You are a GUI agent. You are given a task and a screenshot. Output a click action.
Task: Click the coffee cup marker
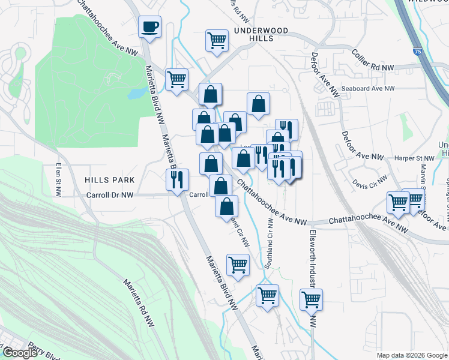click(x=150, y=27)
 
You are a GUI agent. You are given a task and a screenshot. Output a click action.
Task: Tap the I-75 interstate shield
click(x=417, y=53)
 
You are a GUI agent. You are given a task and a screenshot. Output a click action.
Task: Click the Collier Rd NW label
click(x=372, y=62)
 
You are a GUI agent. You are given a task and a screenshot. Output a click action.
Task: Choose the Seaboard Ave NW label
click(x=372, y=88)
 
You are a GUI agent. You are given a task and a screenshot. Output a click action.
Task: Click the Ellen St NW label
click(x=58, y=180)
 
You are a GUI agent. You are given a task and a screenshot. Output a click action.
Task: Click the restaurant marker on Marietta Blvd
click(x=177, y=180)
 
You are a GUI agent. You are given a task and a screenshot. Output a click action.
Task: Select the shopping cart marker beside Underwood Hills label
click(x=217, y=41)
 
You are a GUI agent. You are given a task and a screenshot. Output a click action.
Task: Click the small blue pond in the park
click(x=137, y=93)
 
